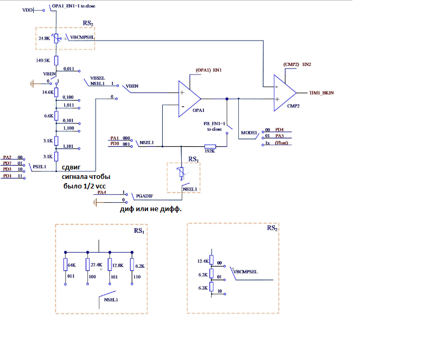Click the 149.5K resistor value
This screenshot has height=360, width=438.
coord(43,61)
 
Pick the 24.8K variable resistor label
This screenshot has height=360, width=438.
coord(44,39)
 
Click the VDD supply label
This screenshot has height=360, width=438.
coord(28,10)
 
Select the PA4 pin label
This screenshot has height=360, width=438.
coord(102,193)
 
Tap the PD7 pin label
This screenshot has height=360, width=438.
coord(7,163)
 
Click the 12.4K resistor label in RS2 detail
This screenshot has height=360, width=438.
coord(202,261)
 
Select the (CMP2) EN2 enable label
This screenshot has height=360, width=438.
coord(297,64)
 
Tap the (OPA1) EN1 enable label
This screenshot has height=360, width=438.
coord(209,70)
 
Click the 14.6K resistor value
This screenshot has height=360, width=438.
coord(48,92)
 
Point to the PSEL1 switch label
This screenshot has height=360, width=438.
coord(40,167)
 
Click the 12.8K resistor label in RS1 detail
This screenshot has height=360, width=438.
coord(118,264)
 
